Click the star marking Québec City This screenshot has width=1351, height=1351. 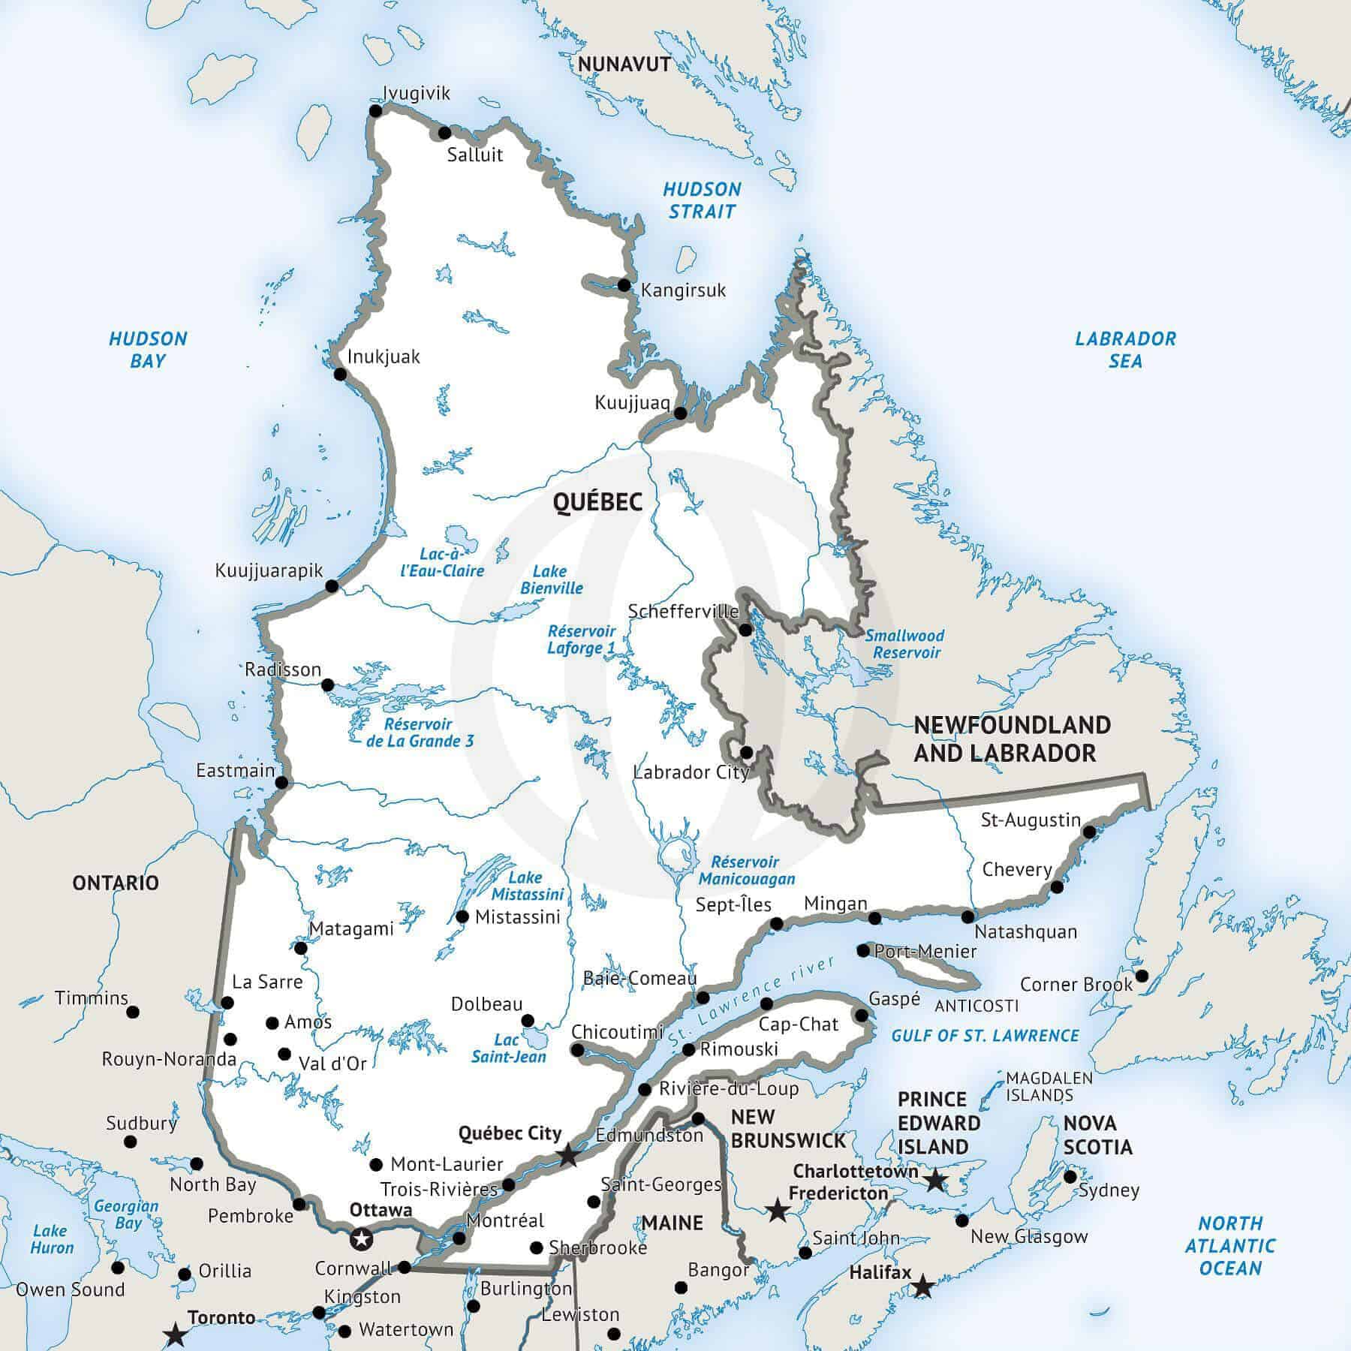click(568, 1155)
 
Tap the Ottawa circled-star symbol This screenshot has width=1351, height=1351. click(362, 1238)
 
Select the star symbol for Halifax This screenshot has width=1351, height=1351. click(922, 1288)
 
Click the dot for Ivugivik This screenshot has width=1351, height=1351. click(376, 111)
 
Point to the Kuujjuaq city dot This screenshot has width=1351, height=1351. click(680, 413)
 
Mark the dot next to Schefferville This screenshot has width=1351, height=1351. click(745, 630)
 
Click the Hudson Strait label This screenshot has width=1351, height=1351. click(702, 200)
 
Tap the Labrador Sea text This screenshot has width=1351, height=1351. click(1125, 350)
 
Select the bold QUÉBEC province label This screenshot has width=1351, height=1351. click(598, 502)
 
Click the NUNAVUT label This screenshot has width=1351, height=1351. click(624, 65)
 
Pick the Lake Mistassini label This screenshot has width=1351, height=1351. click(528, 886)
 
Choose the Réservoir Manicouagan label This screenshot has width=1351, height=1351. click(746, 871)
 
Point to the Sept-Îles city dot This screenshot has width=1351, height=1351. click(778, 923)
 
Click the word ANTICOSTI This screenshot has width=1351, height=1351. click(976, 1006)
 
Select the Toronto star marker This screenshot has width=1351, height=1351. click(176, 1334)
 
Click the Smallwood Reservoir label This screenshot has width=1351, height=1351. click(905, 644)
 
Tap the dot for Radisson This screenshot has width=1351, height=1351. click(327, 685)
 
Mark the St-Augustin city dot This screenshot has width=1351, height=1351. click(1089, 832)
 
